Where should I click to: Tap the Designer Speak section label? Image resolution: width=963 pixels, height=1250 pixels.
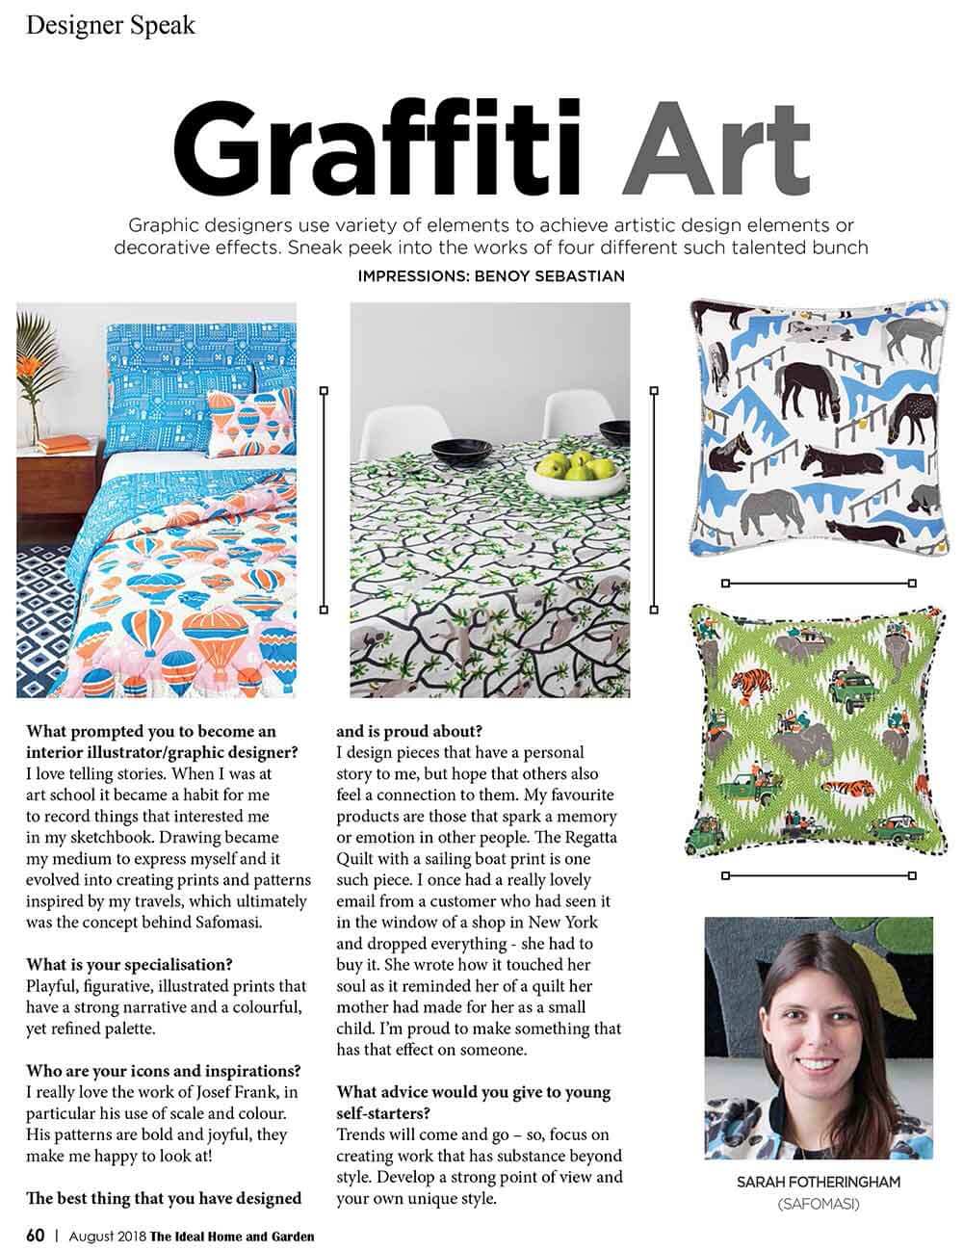111,24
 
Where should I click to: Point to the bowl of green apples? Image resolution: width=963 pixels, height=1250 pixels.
572,469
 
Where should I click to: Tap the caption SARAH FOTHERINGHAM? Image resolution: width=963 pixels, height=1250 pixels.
819,1182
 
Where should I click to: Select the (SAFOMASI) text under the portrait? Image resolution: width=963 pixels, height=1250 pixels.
819,1204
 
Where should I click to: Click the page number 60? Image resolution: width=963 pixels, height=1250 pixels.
35,1235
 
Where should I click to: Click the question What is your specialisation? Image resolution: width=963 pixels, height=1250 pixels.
129,965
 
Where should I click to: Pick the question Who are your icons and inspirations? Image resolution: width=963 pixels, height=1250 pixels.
163,1071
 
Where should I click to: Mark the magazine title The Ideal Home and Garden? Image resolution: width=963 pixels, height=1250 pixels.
231,1236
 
